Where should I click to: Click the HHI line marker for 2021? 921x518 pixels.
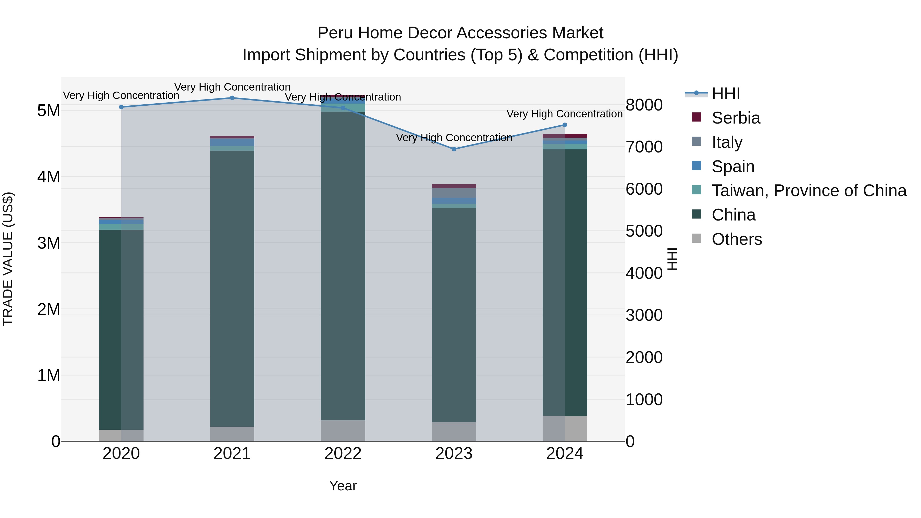(x=232, y=98)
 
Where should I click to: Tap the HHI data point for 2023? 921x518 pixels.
(x=454, y=149)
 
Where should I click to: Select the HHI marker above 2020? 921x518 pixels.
(x=121, y=107)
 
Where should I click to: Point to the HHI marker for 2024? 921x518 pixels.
(x=565, y=125)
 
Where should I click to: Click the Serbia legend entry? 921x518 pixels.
(x=736, y=118)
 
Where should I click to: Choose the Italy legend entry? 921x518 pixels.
(x=727, y=142)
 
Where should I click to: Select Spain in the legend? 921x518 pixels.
(x=733, y=167)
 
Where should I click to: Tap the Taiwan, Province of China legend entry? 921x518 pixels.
(x=809, y=191)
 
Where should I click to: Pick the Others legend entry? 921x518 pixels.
(x=737, y=239)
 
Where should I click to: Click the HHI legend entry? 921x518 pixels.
(x=726, y=94)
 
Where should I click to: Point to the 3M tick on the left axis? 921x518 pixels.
(x=49, y=243)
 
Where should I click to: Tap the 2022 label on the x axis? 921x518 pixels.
(x=343, y=454)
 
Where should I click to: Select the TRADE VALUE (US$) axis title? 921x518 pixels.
(x=8, y=259)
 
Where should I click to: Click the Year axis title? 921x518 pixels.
(x=343, y=486)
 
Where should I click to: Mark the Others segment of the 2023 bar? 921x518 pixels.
(x=454, y=432)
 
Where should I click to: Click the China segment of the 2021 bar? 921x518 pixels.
(x=232, y=288)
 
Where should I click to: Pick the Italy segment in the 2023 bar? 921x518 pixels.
(x=454, y=193)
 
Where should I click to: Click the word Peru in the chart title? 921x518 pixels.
(x=335, y=33)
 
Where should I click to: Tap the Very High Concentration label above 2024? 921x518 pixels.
(x=565, y=114)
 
